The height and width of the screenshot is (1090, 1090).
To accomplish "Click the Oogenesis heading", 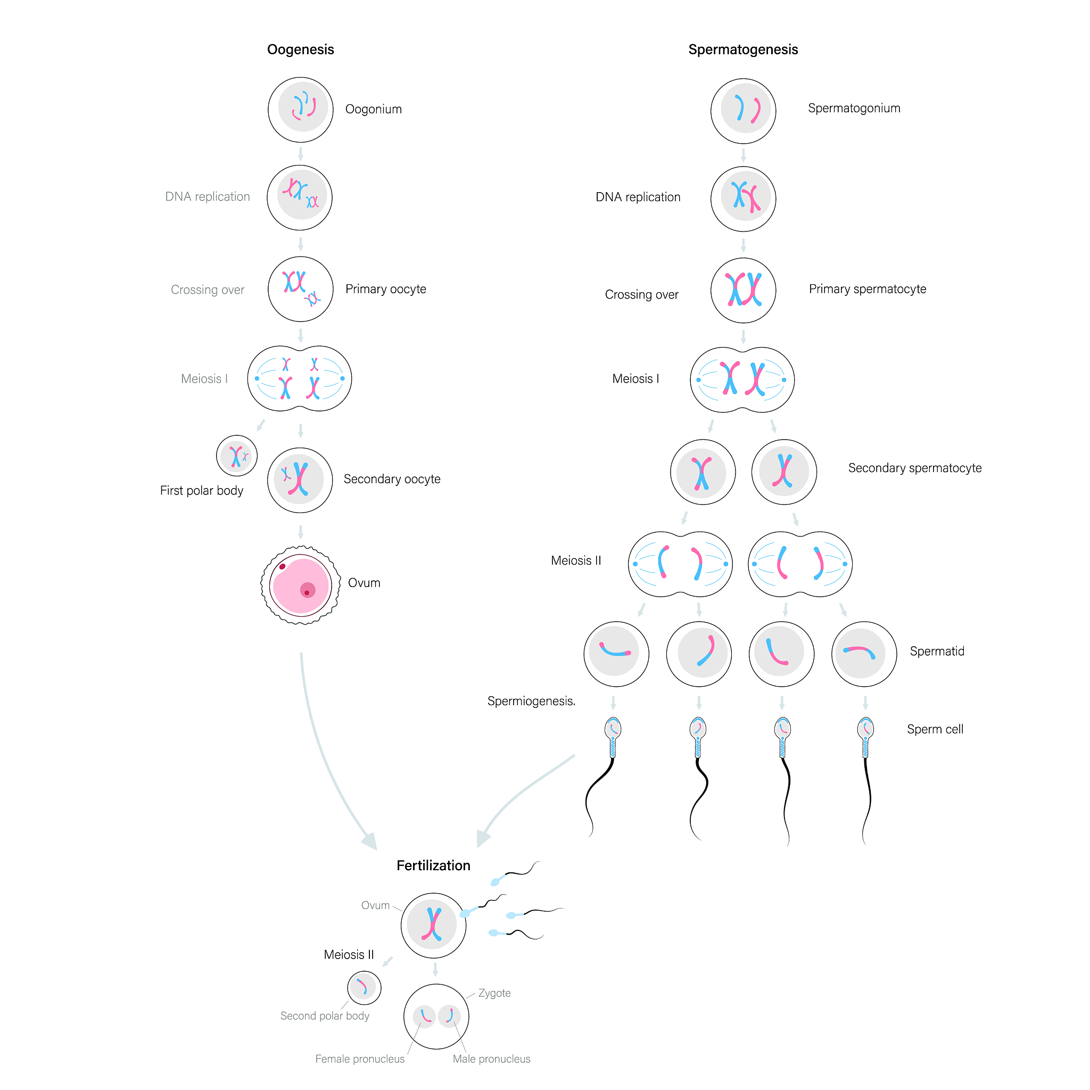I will click(300, 49).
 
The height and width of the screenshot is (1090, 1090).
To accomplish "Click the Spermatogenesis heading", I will click(742, 49).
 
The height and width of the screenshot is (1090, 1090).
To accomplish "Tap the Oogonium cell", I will click(301, 110).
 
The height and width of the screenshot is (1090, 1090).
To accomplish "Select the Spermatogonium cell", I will click(743, 111).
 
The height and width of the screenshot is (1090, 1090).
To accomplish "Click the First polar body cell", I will click(237, 455).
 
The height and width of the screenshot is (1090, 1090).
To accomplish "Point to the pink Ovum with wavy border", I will click(301, 585).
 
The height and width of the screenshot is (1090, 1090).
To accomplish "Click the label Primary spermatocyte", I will click(867, 289).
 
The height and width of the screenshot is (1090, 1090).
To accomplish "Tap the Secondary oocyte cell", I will click(300, 480).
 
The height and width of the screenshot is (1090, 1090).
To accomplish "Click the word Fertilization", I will click(433, 865).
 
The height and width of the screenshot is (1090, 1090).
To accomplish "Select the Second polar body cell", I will click(364, 987).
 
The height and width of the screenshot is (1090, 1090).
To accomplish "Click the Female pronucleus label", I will click(359, 1059).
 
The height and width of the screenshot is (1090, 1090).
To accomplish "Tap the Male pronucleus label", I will click(491, 1059).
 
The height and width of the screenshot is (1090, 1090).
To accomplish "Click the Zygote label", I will click(494, 993).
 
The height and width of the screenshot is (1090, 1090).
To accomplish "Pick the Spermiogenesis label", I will click(531, 701).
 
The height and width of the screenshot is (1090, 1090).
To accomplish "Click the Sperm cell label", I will click(935, 729).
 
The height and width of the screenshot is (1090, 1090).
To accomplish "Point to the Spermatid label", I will click(937, 651).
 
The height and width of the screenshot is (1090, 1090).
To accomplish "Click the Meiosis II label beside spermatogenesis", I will click(575, 560).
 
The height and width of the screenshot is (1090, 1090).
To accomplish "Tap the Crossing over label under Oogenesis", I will click(207, 290).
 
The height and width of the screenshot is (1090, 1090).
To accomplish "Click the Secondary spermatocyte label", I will click(914, 468).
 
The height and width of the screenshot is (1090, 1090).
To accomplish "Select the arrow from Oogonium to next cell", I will click(300, 153).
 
